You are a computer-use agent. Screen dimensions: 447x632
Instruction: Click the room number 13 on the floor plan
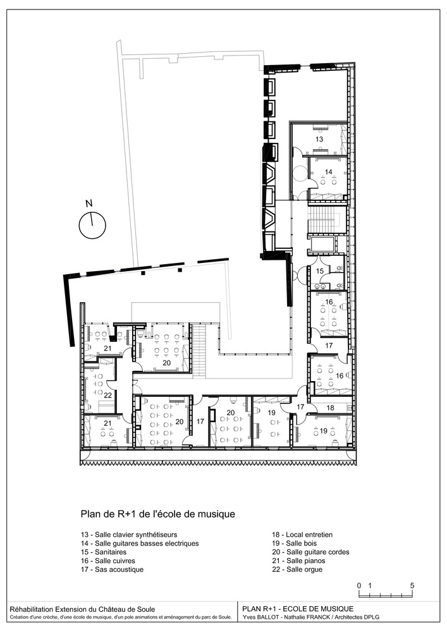[319, 139]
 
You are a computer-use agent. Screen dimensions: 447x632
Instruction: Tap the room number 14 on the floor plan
[329, 172]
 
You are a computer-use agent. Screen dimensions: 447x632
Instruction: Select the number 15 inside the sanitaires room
[320, 271]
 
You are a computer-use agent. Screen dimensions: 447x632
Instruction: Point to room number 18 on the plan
[330, 408]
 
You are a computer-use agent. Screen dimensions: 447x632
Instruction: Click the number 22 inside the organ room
[107, 396]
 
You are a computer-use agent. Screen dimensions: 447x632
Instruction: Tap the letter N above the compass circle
[89, 203]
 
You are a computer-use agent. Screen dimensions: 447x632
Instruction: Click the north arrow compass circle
[92, 225]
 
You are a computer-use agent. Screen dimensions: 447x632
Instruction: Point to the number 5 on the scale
[412, 585]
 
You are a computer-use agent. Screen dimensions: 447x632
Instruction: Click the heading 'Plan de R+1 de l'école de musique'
[158, 514]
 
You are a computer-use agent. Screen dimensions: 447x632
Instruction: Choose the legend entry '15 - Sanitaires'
[104, 552]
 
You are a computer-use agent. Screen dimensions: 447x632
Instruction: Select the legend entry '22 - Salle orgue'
[297, 569]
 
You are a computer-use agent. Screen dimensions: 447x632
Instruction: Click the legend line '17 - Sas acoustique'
[112, 569]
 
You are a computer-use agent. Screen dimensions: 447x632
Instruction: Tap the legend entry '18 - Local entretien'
[302, 535]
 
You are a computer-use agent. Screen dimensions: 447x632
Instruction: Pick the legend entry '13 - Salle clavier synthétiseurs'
[129, 535]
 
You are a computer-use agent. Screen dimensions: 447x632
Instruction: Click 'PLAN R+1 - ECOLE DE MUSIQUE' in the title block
[298, 609]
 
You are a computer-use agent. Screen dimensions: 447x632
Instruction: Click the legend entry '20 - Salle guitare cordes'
[311, 552]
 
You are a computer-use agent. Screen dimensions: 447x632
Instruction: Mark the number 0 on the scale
[358, 585]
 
